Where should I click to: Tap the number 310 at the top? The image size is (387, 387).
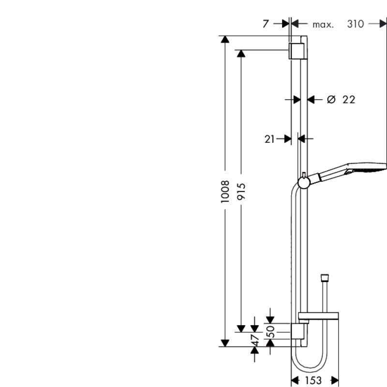tap(355, 24)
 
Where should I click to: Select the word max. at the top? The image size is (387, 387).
tap(323, 24)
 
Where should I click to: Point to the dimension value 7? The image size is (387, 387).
tap(266, 24)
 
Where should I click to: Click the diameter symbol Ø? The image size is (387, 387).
tap(331, 100)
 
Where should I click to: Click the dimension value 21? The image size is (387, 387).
tap(269, 139)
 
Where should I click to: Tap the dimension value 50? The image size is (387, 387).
tap(271, 331)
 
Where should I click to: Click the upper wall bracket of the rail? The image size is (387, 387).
tap(296, 51)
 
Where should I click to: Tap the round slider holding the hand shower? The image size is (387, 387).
tap(303, 182)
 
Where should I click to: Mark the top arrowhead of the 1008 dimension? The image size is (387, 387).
tap(224, 39)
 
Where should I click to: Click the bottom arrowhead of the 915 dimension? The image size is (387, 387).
tap(241, 329)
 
